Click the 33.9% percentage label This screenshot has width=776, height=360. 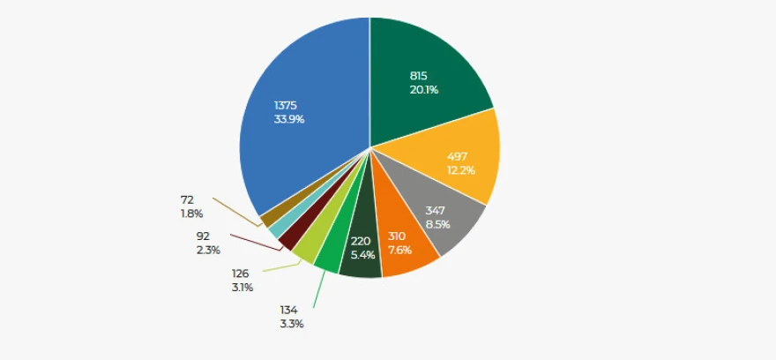(x=289, y=119)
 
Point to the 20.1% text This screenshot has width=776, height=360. (x=423, y=90)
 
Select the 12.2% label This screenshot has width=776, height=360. (x=460, y=169)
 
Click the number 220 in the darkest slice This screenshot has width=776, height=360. (x=361, y=241)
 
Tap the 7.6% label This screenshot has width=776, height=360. (x=399, y=250)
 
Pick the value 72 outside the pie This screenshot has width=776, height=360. (x=187, y=200)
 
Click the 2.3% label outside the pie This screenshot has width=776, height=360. (x=208, y=250)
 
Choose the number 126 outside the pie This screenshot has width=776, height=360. (x=241, y=274)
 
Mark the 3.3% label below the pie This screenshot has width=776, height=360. (x=292, y=325)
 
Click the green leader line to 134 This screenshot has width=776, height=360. (x=319, y=289)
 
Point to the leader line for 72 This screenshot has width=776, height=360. (x=236, y=213)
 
